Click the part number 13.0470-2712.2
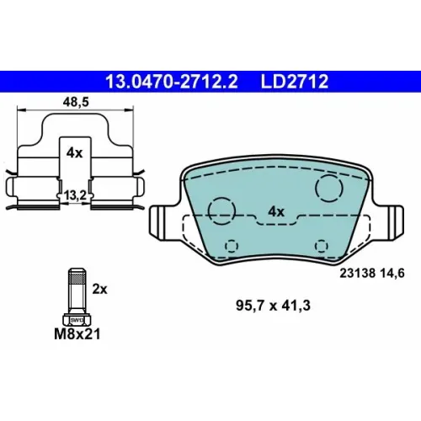point(172,82)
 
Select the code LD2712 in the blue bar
point(295,82)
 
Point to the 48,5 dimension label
point(76,102)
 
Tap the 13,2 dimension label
point(75,195)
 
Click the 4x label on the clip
point(75,153)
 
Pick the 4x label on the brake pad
point(276,211)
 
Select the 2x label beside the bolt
point(100,289)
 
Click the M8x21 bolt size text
point(77,334)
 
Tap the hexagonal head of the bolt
point(77,320)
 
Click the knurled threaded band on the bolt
point(77,279)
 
